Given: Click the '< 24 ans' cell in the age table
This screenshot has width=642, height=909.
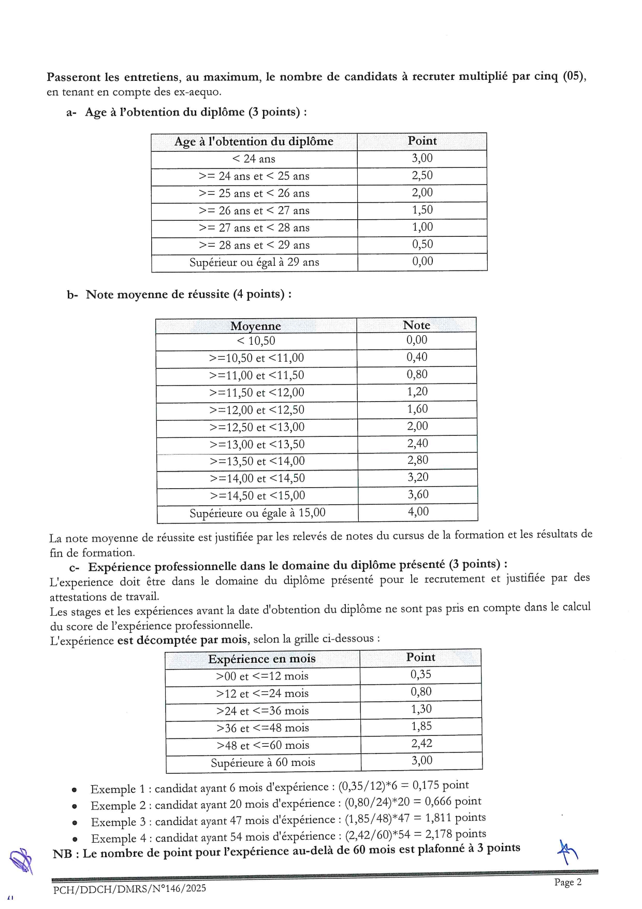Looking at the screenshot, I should pos(254,159).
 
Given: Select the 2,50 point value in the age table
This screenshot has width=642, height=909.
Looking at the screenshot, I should pos(422,176).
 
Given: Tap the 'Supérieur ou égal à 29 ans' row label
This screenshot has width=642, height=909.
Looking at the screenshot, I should pos(254,262).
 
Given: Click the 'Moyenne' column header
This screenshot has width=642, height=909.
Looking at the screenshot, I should pos(255,326).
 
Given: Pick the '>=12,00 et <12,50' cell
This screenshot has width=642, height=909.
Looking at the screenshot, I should pos(257,410).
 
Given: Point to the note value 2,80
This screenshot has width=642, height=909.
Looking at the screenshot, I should pos(417,460).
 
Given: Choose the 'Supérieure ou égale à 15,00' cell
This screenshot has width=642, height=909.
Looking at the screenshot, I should pos(257,513).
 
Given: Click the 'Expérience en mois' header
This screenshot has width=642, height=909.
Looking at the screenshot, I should pos(261,659).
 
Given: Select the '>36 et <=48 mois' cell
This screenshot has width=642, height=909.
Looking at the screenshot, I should pos(262,728).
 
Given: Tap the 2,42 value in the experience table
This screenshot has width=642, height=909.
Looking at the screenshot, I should pos(421,744).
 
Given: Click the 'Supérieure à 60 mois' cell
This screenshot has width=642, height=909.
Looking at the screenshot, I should pos(262,762).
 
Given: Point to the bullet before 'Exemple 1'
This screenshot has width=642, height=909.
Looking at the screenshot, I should pos(75,790).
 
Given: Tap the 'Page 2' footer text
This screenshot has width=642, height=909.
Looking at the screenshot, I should pos(567,882).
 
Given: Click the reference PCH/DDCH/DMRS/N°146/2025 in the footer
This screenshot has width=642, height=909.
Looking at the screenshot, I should pos(129,888).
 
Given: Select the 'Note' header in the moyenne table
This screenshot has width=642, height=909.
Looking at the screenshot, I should pos(416,325).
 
